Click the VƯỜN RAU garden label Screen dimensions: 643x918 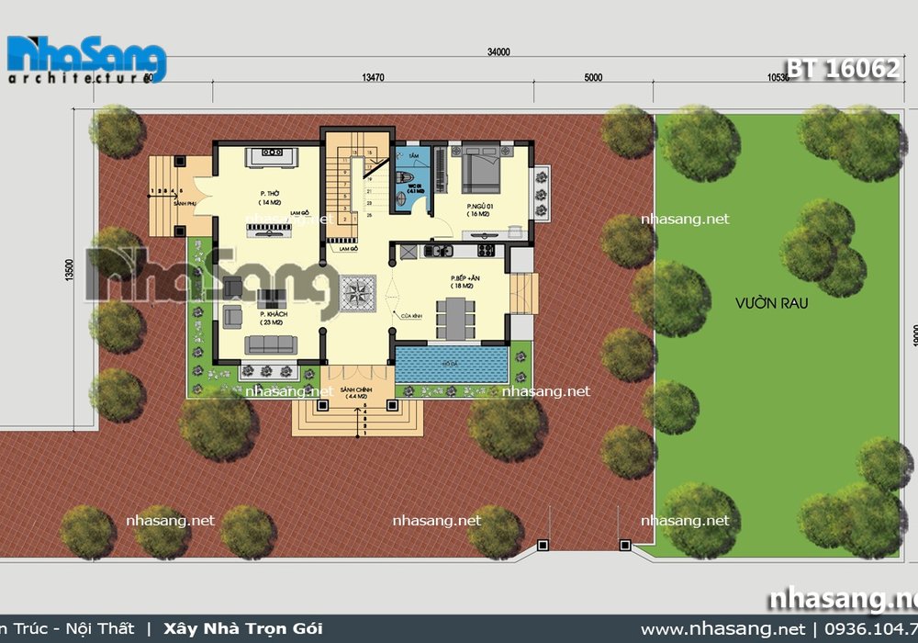coord(758,302)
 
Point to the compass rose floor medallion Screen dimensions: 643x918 coord(355,293)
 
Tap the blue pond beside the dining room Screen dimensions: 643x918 coord(452,364)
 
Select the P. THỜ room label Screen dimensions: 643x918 coord(269,194)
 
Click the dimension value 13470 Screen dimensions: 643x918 coord(373,78)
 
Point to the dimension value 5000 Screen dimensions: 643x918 coord(593,78)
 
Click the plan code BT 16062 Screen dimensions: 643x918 coord(842,69)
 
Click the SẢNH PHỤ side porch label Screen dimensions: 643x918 coord(160,202)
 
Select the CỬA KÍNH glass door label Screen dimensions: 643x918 coord(410,317)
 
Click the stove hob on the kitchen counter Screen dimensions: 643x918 coord(484,250)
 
